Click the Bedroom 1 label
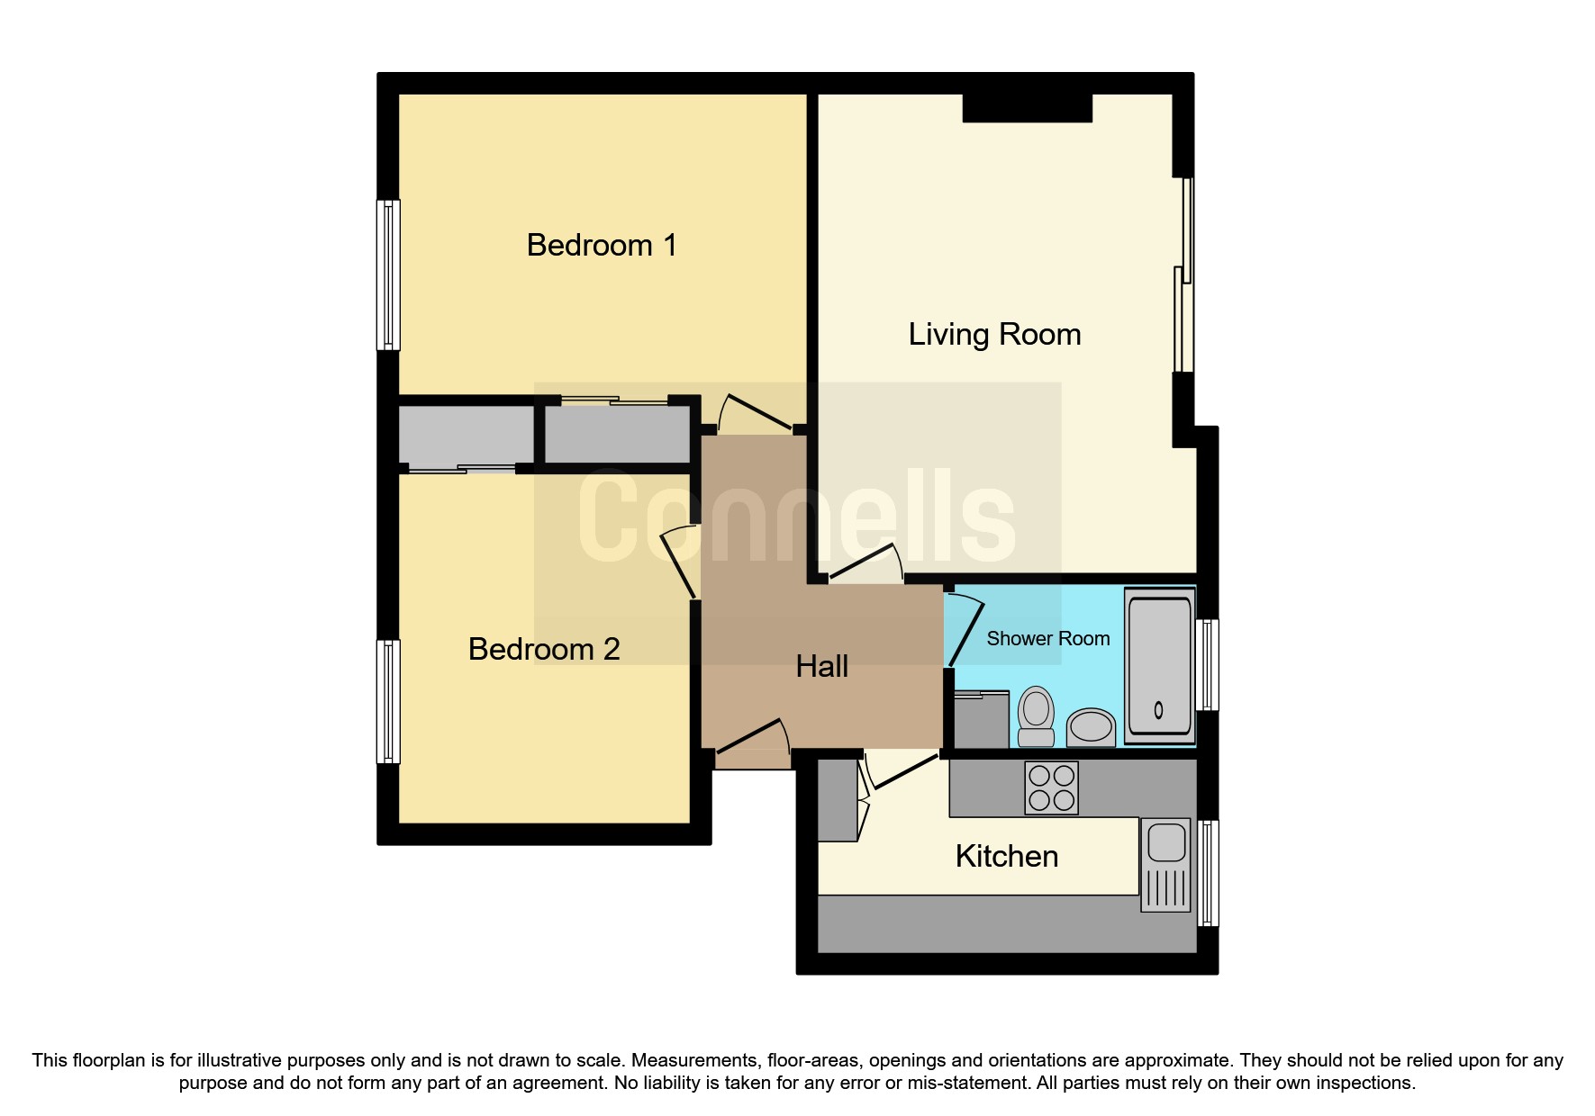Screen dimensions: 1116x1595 [601, 245]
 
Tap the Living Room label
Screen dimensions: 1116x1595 [993, 334]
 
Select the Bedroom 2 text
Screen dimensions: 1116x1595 [543, 649]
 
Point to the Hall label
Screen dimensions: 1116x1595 [821, 666]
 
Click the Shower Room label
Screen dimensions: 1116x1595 [1047, 638]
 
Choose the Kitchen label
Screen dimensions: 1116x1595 [1006, 856]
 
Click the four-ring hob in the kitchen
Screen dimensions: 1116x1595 [1051, 787]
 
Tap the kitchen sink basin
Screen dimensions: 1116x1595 [1166, 843]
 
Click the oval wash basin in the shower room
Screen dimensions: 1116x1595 [1091, 725]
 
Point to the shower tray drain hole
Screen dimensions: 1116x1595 [1158, 709]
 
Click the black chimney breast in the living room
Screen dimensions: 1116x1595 [1027, 108]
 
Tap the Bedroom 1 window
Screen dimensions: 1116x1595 [388, 274]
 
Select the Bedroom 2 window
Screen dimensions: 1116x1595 [388, 702]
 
